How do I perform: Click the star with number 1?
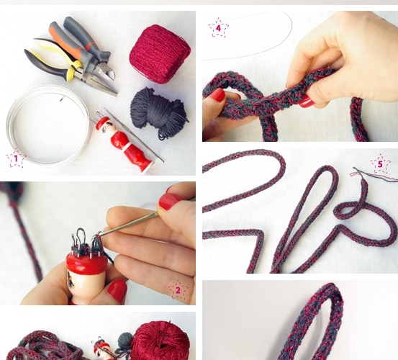[16, 158]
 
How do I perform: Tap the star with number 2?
[178, 289]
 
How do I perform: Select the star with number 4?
[218, 27]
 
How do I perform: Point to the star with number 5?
[380, 164]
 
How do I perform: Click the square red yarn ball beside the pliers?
[160, 54]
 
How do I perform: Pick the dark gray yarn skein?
[159, 112]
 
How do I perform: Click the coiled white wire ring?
[48, 126]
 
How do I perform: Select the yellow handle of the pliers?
[57, 53]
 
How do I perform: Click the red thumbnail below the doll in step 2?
[117, 291]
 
